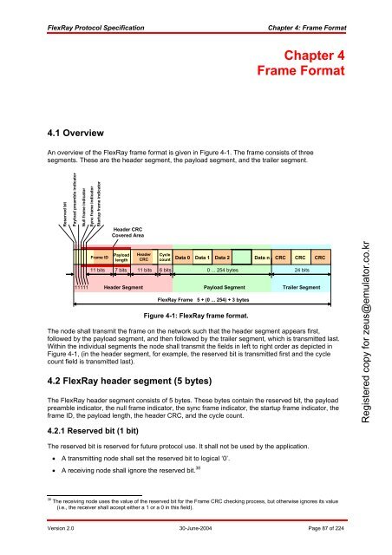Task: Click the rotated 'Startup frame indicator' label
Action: pos(100,206)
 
